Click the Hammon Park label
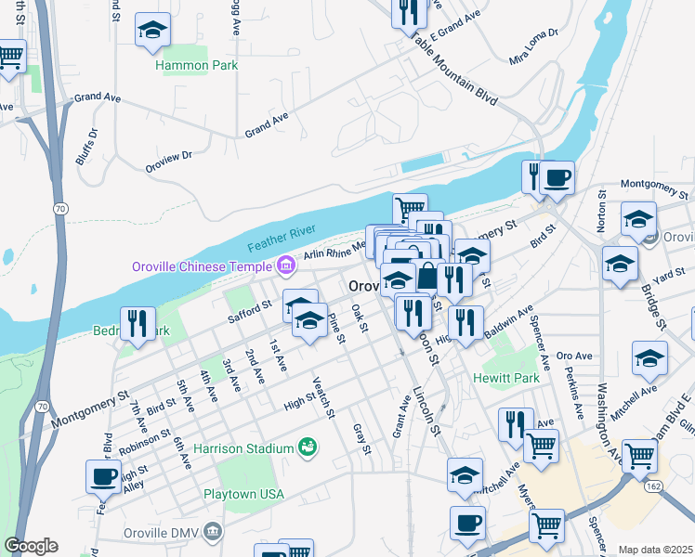pyautogui.click(x=197, y=66)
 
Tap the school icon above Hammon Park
pyautogui.click(x=152, y=32)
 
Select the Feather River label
pyautogui.click(x=282, y=238)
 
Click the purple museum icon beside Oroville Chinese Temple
pyautogui.click(x=285, y=266)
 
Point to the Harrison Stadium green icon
pyautogui.click(x=307, y=448)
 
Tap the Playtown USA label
pyautogui.click(x=243, y=494)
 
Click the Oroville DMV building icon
pyautogui.click(x=213, y=533)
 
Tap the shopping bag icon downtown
pyautogui.click(x=426, y=277)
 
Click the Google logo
pyautogui.click(x=31, y=546)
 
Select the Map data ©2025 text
pyautogui.click(x=654, y=550)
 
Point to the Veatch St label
pyautogui.click(x=322, y=397)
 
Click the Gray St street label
pyautogui.click(x=361, y=439)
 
